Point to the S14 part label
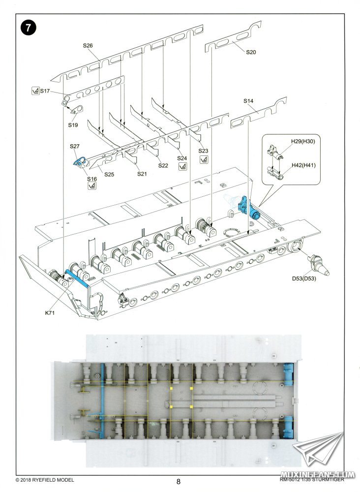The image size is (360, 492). point(248,101)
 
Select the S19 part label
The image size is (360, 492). point(73,125)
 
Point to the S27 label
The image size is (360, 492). point(74,147)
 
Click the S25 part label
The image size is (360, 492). point(109,174)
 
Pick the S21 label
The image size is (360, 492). point(142,174)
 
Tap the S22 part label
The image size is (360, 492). point(163,165)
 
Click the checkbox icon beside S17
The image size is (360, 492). point(35,91)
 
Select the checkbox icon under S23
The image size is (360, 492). point(203,160)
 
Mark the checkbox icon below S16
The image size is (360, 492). point(92,185)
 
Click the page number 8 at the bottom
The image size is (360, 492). point(179,482)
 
